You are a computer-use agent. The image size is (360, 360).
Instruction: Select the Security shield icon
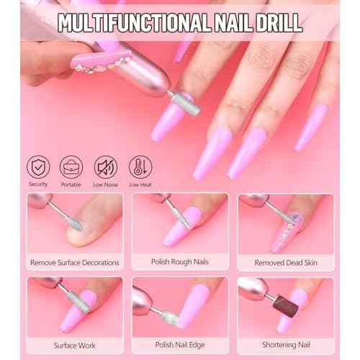pos(39,167)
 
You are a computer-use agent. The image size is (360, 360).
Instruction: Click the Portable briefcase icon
pos(71,167)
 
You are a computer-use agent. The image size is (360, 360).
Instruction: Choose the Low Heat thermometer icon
pos(140,167)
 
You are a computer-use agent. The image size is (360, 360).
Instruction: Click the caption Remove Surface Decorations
pos(75,263)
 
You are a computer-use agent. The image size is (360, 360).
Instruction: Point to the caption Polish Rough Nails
pos(180,262)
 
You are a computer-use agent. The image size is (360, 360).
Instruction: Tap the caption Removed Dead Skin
pos(286,263)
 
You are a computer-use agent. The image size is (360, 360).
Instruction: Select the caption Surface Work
pos(75,346)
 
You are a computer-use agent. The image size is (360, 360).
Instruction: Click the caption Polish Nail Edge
pos(180,346)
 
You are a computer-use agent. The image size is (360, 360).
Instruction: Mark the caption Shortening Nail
pos(286,346)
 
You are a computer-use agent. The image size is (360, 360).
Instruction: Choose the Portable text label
pos(71,185)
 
